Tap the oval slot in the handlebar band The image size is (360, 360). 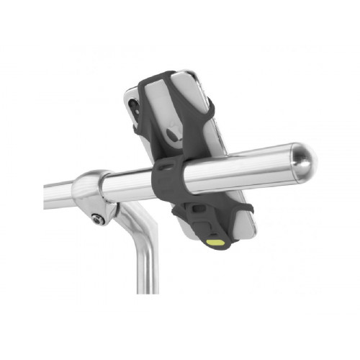tap(166, 167)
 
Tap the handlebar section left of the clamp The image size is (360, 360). tap(61, 193)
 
